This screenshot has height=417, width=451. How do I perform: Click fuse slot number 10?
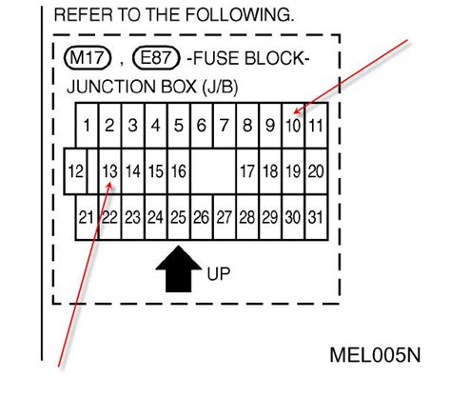tap(293, 126)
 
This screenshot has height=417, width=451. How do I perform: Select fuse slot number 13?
tap(109, 171)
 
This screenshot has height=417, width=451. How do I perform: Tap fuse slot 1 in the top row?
tap(87, 126)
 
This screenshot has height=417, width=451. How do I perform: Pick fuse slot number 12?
tap(75, 171)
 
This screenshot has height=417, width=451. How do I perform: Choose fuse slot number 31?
tap(316, 217)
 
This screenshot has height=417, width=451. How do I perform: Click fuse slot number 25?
tap(179, 217)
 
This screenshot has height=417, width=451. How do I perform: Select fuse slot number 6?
tap(202, 126)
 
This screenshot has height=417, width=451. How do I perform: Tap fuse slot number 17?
tap(247, 171)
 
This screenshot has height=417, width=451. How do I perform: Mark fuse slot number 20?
tap(316, 171)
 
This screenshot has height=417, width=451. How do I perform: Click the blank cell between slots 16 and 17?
tap(213, 171)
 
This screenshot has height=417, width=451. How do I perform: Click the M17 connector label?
tap(88, 58)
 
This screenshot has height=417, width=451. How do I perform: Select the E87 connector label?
tap(156, 58)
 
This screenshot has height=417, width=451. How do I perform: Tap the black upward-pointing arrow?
tap(179, 268)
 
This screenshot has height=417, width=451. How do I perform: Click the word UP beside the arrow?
tap(219, 273)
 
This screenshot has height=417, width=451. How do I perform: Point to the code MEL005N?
tap(375, 355)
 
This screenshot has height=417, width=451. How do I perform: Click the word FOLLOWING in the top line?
tap(240, 14)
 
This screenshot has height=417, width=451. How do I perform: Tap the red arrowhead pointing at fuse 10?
tap(297, 110)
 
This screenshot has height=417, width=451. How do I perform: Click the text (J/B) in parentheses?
tap(220, 87)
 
